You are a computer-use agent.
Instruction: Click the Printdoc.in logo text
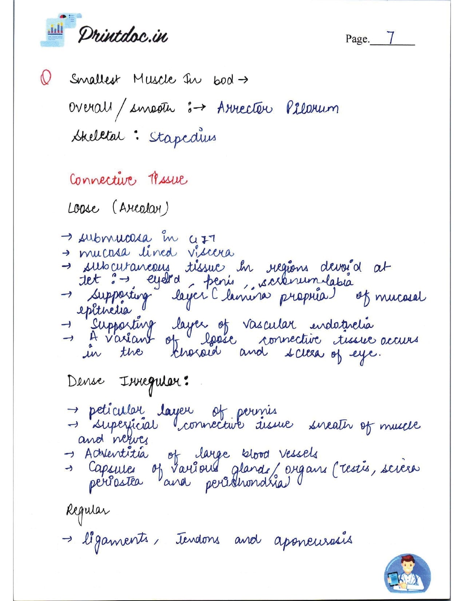point(122,35)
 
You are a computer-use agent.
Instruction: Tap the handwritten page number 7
point(390,38)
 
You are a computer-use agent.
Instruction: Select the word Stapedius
point(182,138)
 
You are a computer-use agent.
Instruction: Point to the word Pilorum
point(312,108)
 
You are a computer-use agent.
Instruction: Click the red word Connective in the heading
point(103,179)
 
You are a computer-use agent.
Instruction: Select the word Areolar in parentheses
point(140,208)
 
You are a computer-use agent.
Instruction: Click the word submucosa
point(114,238)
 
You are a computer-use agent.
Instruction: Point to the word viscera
point(211,252)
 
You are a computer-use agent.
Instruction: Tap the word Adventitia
point(116,453)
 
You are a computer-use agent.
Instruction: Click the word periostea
point(116,483)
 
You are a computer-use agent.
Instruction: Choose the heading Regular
point(87,512)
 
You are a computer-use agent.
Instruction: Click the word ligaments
point(115,540)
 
